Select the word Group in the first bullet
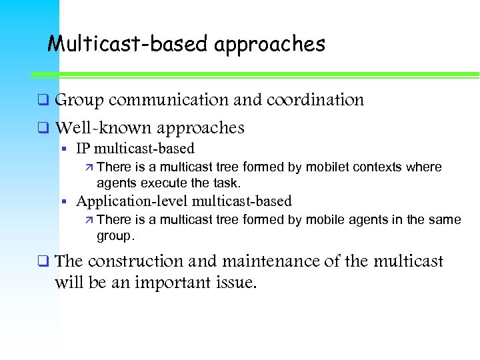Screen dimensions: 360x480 [x=79, y=101]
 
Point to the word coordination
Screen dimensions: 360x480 [x=315, y=100]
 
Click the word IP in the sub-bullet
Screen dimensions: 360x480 [x=83, y=149]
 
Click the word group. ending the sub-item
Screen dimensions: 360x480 [x=115, y=235]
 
